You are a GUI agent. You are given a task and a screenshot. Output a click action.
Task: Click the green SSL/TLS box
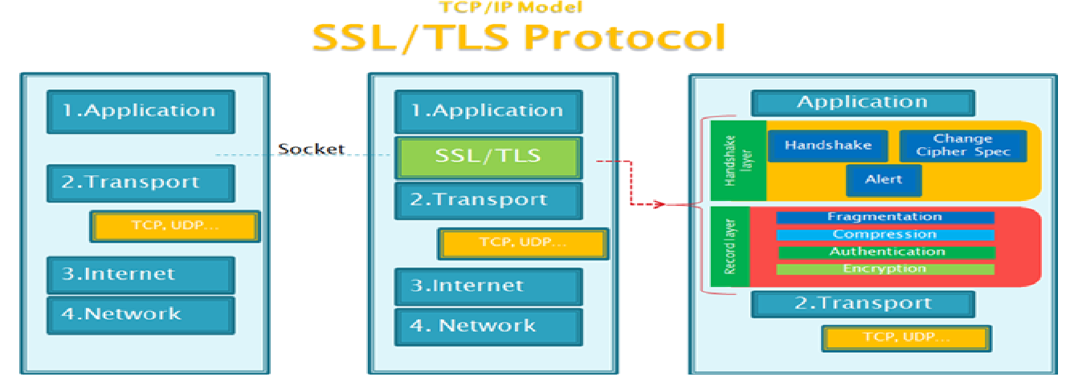point(488,158)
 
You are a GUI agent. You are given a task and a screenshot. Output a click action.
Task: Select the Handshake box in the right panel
point(828,146)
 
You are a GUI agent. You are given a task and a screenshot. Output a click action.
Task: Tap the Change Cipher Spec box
point(962,145)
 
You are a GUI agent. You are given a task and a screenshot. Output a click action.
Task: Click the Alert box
point(884,180)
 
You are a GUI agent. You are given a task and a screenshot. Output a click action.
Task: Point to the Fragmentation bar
point(884,217)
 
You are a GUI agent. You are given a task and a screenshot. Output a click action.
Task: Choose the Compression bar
point(884,235)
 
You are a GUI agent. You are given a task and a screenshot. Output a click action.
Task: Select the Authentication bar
point(884,252)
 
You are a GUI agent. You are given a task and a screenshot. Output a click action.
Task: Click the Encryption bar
point(884,269)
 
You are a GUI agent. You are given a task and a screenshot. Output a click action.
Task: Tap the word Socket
point(311,149)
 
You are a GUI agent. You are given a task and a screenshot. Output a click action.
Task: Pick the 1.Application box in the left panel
point(141,111)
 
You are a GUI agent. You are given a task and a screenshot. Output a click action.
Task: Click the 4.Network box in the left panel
point(141,314)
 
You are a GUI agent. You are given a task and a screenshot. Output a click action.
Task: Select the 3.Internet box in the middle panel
point(488,286)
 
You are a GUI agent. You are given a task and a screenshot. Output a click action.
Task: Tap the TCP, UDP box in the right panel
point(905,338)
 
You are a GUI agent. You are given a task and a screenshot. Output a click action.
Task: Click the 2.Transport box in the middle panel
point(488,200)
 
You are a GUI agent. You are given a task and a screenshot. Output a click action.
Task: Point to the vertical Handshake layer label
point(730,160)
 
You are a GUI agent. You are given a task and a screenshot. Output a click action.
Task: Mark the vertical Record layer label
point(730,246)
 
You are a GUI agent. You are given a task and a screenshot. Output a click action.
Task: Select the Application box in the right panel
point(863,103)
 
